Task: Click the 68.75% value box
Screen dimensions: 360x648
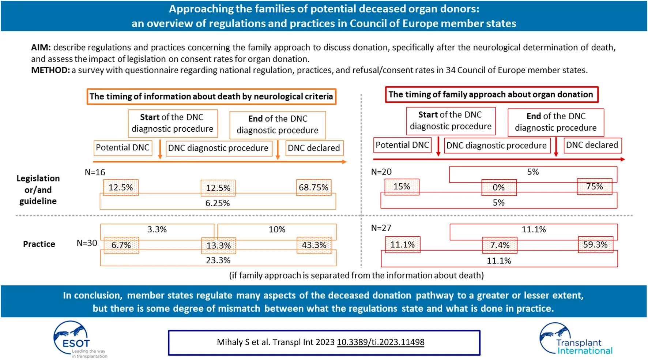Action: pos(314,187)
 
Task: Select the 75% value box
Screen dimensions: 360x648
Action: pos(594,187)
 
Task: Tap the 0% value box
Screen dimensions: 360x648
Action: pos(499,187)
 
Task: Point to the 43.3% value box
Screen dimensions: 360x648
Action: pos(314,245)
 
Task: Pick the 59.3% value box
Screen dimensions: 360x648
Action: pos(595,245)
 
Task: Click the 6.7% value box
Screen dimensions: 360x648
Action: pos(121,245)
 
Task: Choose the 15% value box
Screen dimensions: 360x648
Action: pos(402,187)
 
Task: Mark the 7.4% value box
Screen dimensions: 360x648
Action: pos(500,245)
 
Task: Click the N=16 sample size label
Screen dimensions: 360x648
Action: pos(95,172)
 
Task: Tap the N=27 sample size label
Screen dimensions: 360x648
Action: pos(381,228)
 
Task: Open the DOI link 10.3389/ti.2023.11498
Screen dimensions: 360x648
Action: pos(380,342)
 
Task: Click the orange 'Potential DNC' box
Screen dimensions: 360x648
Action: pos(123,148)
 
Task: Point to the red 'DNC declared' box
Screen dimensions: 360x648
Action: pos(592,145)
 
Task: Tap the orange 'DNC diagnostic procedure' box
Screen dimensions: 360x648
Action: pos(218,148)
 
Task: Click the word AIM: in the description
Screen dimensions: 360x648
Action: pos(41,48)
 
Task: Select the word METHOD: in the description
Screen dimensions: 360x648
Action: pos(50,70)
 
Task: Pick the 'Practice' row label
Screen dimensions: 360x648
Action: pos(39,244)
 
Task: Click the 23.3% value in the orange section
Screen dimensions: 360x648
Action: pos(218,260)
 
